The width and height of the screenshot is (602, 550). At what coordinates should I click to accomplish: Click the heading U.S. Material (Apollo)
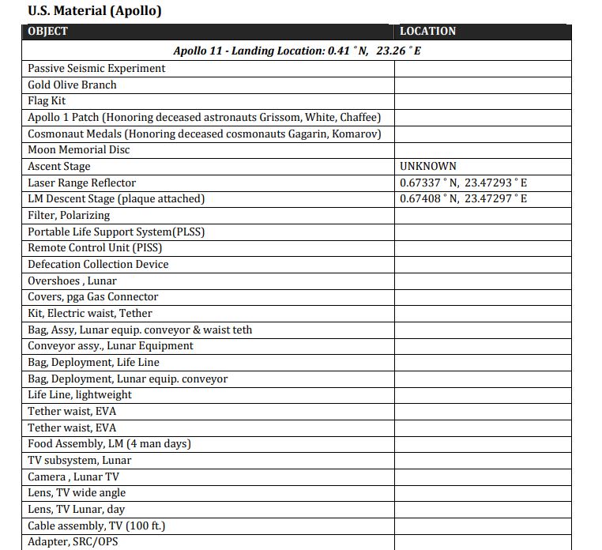[95, 11]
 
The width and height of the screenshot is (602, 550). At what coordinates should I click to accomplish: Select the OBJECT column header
[47, 32]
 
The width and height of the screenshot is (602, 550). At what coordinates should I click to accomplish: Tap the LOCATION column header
[427, 32]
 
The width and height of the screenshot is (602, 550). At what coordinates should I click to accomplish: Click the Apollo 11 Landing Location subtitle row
[296, 51]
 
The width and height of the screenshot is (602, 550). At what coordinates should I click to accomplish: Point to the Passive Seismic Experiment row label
[96, 69]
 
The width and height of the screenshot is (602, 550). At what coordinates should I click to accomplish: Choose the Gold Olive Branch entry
[72, 85]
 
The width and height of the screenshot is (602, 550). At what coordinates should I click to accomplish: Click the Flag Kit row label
[47, 101]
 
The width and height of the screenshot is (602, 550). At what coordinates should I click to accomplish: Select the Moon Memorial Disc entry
[78, 150]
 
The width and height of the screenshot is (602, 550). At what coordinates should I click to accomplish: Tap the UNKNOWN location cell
[427, 167]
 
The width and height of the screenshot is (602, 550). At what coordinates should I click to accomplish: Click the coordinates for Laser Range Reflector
[463, 183]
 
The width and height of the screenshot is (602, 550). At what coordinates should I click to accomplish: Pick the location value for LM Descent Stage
[463, 199]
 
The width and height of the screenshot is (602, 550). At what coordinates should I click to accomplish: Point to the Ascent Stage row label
[59, 167]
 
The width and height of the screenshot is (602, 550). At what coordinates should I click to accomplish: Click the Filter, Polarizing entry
[69, 215]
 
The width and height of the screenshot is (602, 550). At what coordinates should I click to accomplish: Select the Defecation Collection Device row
[98, 264]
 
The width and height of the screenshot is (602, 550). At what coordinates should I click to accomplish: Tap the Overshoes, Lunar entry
[72, 281]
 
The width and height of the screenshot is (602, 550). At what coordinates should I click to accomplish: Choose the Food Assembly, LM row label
[109, 444]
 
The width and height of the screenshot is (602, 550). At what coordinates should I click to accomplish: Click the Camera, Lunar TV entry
[73, 477]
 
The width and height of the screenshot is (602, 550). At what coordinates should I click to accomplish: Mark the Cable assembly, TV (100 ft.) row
[96, 526]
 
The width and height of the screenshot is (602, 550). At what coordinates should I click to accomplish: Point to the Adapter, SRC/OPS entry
[73, 542]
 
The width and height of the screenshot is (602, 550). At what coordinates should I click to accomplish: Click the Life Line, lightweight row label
[80, 395]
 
